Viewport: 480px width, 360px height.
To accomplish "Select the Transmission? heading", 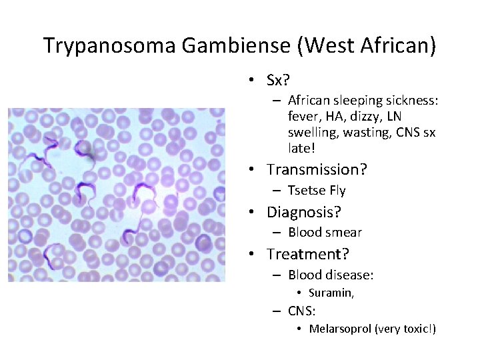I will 317,169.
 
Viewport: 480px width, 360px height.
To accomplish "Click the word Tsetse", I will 307,191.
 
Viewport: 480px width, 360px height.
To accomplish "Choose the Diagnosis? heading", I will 304,212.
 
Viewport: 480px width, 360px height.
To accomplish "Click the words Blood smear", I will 325,233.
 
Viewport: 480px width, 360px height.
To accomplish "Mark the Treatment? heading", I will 308,254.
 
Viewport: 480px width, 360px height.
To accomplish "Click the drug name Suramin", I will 330,293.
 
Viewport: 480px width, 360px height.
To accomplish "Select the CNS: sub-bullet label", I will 302,310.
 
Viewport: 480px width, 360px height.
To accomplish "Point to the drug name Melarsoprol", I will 339,329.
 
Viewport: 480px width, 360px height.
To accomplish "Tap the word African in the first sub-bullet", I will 311,101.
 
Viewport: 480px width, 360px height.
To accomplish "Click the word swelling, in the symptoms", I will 313,132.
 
